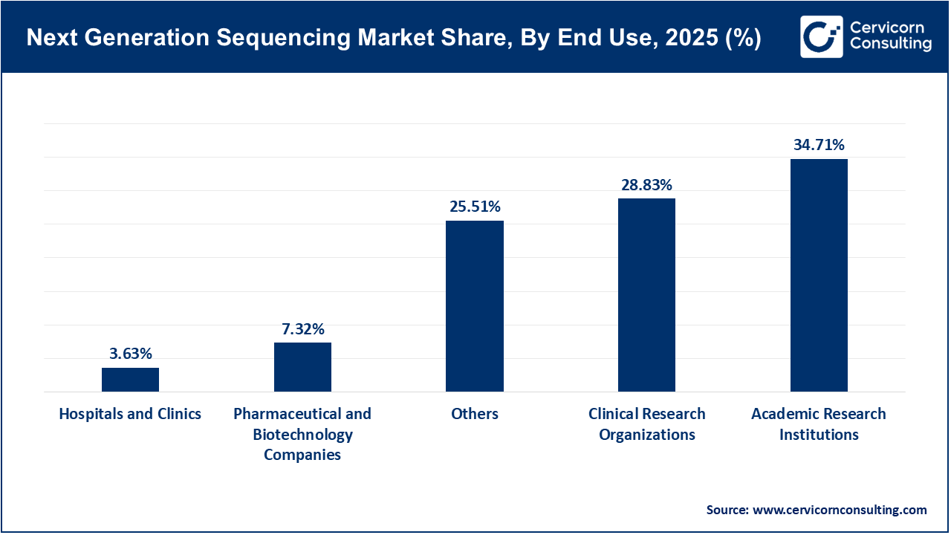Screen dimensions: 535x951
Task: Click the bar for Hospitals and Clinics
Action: tap(130, 380)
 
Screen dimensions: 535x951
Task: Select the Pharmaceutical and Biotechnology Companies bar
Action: tap(302, 367)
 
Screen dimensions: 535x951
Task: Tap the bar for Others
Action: tap(475, 306)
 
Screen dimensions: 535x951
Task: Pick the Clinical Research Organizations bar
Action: tap(646, 295)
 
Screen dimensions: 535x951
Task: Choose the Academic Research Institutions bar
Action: tap(819, 275)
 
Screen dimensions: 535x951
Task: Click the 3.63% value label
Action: tap(130, 354)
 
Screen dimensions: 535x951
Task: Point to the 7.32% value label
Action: tap(302, 328)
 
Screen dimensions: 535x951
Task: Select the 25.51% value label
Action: tap(475, 207)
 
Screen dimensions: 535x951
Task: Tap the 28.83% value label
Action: tap(646, 184)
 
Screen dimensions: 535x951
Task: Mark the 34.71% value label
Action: tap(819, 145)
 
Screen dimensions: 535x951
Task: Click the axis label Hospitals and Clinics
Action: tap(130, 414)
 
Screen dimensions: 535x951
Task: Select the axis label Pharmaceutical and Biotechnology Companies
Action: tap(302, 434)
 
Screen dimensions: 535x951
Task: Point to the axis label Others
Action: tap(475, 414)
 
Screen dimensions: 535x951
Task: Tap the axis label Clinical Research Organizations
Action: tap(646, 424)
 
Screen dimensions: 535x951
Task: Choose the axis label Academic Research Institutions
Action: tap(819, 424)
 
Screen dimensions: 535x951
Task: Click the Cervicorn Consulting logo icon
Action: tap(821, 36)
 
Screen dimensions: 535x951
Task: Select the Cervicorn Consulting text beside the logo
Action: tap(890, 36)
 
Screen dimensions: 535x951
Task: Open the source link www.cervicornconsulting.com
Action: tap(840, 510)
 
